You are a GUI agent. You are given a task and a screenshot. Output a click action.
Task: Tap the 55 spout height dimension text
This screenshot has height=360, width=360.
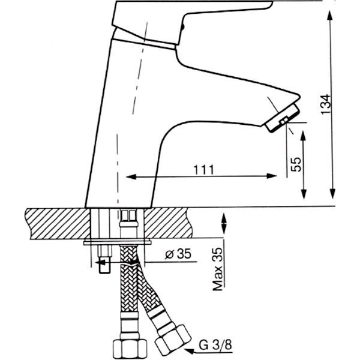coord(295,164)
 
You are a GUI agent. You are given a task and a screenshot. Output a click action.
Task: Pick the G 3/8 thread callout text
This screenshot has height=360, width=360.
coord(212,346)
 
